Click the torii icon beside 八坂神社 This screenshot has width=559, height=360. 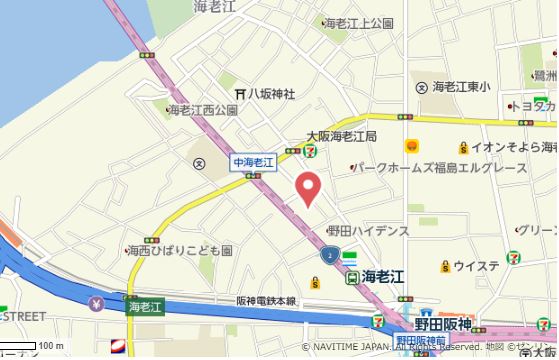[240, 93]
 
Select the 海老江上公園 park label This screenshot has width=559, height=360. [357, 22]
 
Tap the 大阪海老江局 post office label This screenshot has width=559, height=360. [341, 136]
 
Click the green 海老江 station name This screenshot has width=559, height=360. [381, 276]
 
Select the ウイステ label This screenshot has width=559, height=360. [476, 265]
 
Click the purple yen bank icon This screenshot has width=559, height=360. [96, 303]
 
